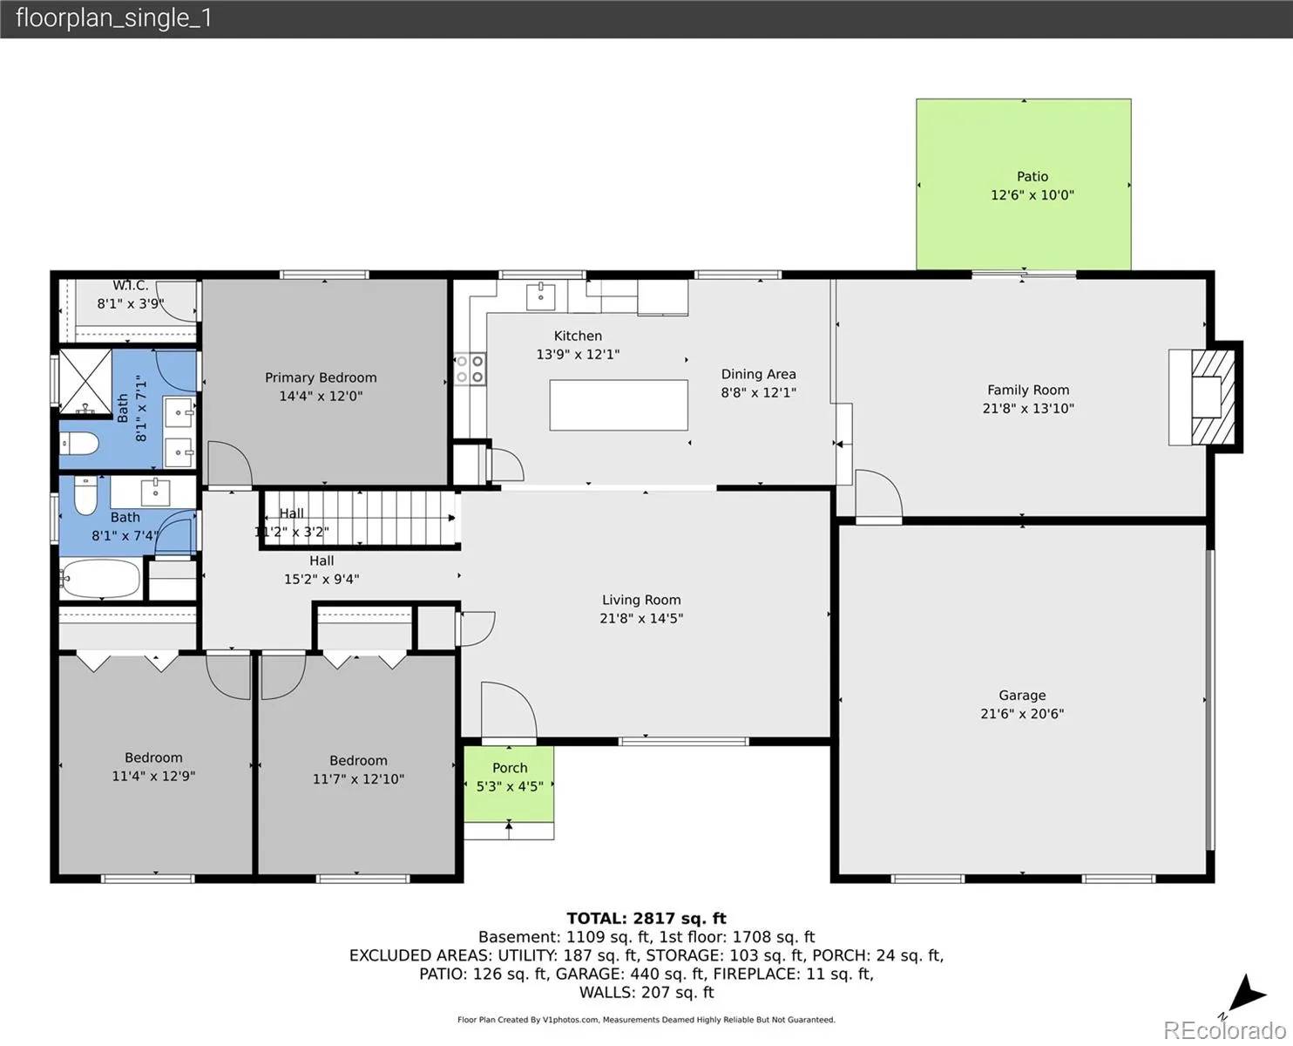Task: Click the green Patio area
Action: pyautogui.click(x=1024, y=184)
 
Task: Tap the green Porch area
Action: pyautogui.click(x=509, y=784)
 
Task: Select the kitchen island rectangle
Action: pyautogui.click(x=619, y=405)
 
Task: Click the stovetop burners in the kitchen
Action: pyautogui.click(x=470, y=369)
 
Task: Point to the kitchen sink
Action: pyautogui.click(x=540, y=295)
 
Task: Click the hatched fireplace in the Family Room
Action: pyautogui.click(x=1213, y=397)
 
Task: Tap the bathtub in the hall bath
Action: pyautogui.click(x=101, y=579)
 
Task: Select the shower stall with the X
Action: pyautogui.click(x=85, y=381)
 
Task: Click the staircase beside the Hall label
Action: pyautogui.click(x=360, y=518)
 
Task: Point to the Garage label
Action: pyautogui.click(x=1022, y=695)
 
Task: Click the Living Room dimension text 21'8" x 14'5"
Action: pyautogui.click(x=641, y=618)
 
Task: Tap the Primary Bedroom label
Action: pyautogui.click(x=321, y=377)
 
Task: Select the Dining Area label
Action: pyautogui.click(x=758, y=374)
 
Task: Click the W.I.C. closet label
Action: pyautogui.click(x=131, y=285)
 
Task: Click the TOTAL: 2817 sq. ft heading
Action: pyautogui.click(x=646, y=918)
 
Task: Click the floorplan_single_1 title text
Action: pyautogui.click(x=113, y=18)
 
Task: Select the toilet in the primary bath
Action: pyautogui.click(x=79, y=443)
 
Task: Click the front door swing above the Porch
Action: pyautogui.click(x=509, y=710)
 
